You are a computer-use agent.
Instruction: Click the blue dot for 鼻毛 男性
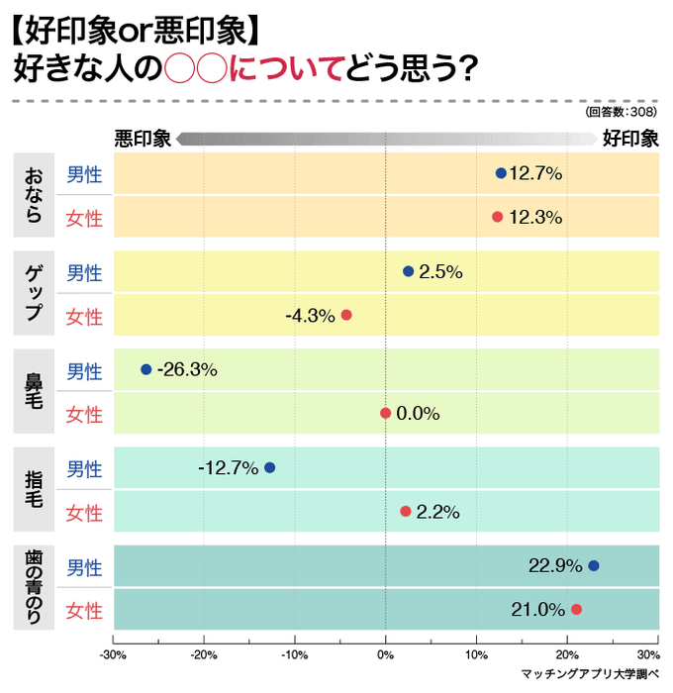[146, 369]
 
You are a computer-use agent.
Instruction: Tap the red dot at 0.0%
[386, 413]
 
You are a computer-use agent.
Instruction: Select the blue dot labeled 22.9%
[594, 566]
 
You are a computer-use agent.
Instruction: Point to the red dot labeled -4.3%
[346, 315]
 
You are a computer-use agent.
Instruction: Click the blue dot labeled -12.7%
[269, 467]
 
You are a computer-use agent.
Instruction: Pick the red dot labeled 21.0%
[576, 609]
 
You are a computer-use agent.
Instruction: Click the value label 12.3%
[535, 217]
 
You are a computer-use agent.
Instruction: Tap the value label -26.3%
[187, 369]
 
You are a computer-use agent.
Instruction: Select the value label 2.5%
[440, 271]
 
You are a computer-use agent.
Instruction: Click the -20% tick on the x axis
[204, 654]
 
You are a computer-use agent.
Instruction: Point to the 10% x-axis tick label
[476, 654]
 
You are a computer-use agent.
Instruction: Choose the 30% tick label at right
[648, 654]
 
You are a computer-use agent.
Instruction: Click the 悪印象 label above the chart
[143, 138]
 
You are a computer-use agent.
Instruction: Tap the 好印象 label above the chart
[630, 138]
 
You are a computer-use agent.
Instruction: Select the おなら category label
[34, 195]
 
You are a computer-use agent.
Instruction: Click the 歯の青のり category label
[34, 588]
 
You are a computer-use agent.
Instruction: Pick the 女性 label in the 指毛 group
[84, 513]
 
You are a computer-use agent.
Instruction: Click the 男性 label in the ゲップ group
[84, 273]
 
